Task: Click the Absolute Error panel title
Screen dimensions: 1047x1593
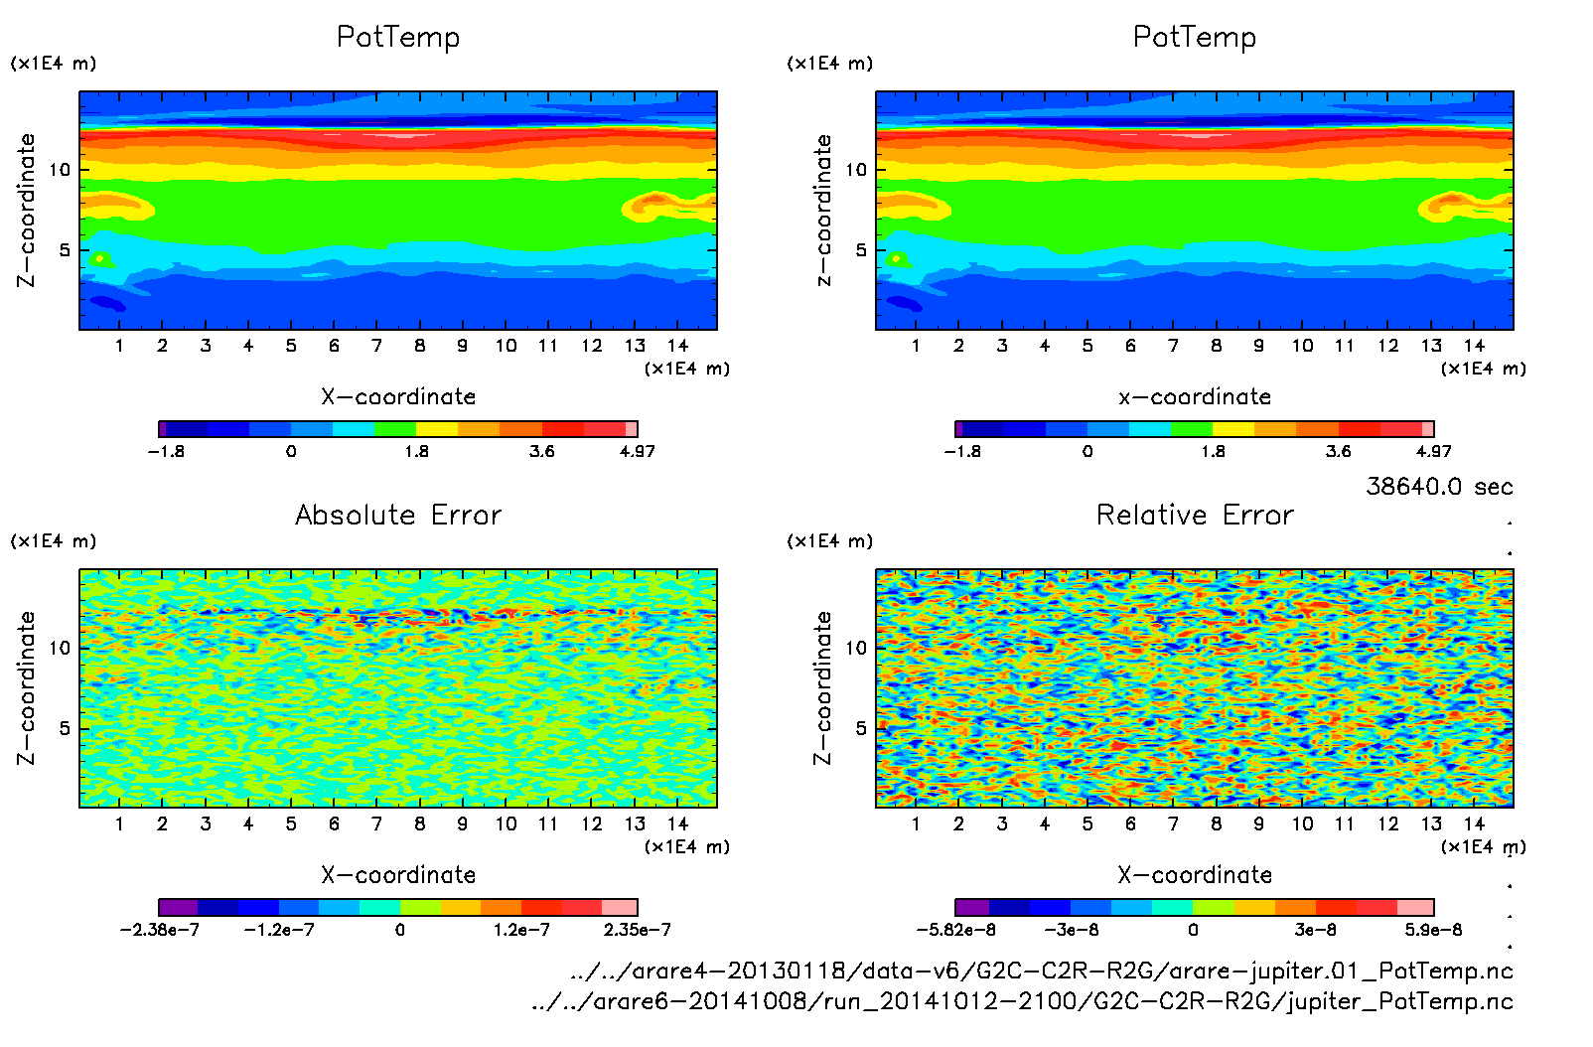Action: [x=398, y=515]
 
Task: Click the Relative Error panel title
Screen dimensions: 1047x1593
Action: [x=1195, y=515]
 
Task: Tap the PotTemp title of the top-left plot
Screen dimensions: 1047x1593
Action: [x=398, y=37]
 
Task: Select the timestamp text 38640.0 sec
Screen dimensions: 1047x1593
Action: [x=1439, y=487]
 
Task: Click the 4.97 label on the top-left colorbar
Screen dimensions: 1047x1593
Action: [x=637, y=451]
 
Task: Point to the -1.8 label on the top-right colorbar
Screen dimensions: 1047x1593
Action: [x=961, y=451]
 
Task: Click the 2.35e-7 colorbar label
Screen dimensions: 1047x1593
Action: [x=637, y=930]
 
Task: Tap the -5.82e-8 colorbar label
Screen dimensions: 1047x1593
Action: [x=955, y=930]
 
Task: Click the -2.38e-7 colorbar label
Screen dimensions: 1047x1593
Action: [x=159, y=930]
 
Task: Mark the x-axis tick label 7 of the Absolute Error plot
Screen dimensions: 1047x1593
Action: [x=376, y=823]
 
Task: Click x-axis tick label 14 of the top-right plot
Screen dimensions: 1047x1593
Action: [x=1474, y=346]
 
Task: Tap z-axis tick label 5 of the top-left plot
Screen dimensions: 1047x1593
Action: [x=66, y=250]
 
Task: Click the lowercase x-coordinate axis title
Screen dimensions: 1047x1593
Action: [x=1195, y=397]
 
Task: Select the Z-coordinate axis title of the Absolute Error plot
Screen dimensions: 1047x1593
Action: [x=27, y=687]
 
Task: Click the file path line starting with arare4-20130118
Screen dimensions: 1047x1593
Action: [x=1042, y=971]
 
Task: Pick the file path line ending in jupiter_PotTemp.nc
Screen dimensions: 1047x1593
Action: [x=1022, y=1001]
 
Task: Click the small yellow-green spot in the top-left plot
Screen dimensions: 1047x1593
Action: [x=100, y=259]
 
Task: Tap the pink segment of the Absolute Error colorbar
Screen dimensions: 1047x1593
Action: [x=620, y=907]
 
